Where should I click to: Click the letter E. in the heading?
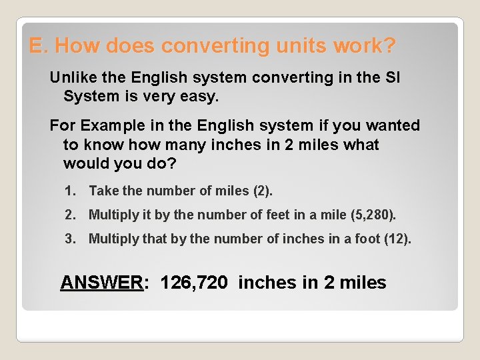pos(38,46)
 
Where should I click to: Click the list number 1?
pos(71,191)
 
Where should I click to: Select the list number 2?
pos(71,215)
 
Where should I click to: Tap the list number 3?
pos(71,239)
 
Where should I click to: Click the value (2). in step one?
pos(263,191)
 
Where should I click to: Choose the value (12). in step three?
pos(398,239)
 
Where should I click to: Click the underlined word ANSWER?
pos(102,283)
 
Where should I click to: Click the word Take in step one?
pos(103,191)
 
